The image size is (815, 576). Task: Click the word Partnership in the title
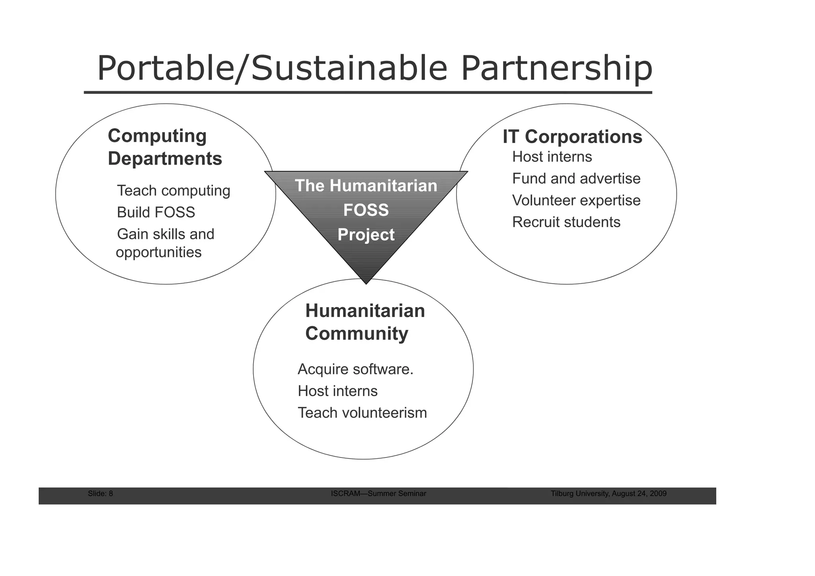556,68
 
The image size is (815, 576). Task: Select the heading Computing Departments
165,147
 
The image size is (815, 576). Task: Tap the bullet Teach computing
174,191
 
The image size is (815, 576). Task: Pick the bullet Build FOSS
156,212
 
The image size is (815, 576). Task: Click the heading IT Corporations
572,137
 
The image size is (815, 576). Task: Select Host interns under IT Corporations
552,157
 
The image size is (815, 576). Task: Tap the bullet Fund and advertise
576,179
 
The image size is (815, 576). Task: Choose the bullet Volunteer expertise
576,200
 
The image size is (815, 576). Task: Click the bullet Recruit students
566,222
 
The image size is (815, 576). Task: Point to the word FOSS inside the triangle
366,210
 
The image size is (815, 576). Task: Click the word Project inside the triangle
366,235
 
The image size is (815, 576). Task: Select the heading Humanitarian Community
365,322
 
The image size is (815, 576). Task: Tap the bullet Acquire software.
355,370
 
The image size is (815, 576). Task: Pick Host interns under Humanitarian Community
337,391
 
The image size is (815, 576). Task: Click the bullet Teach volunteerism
362,413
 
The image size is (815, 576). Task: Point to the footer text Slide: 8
100,494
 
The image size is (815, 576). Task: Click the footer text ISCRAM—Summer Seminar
378,494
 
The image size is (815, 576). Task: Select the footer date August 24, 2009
639,494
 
